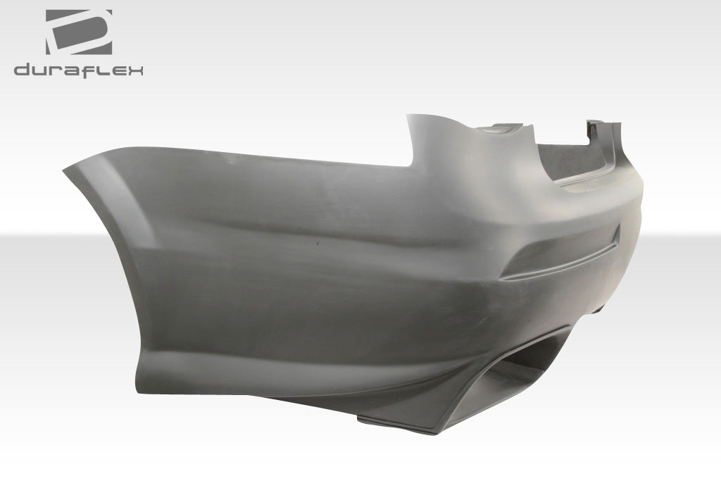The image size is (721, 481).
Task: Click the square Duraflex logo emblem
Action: click(x=78, y=32)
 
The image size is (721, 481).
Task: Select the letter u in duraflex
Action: click(x=41, y=70)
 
